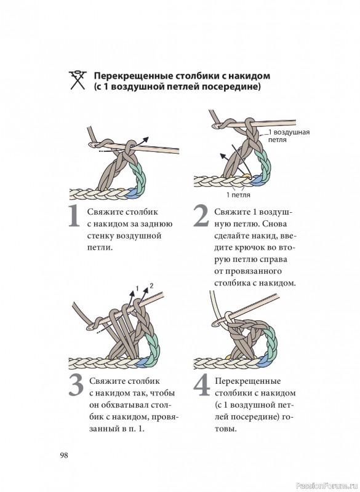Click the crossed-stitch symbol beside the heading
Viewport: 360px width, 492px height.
coord(77,81)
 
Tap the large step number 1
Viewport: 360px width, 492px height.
coord(74,216)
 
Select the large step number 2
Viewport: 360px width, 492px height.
coord(201,216)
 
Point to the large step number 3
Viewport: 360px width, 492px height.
coord(76,386)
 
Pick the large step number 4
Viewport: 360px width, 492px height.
coord(201,386)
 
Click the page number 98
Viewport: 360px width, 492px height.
coord(64,455)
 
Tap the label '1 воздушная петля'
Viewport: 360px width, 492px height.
coord(289,136)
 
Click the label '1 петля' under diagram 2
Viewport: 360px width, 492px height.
coord(238,195)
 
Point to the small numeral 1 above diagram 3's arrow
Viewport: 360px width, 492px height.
coord(137,288)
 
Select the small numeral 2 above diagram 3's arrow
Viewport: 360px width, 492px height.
coord(151,286)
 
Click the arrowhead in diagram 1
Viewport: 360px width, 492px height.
coord(145,140)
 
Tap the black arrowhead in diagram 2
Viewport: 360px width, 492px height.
coord(223,156)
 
